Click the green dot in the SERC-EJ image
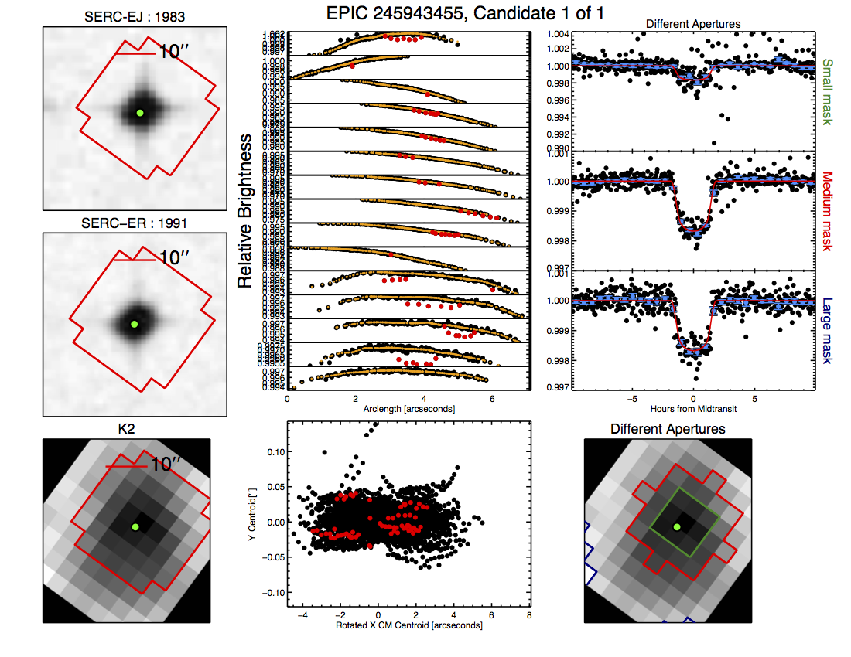(140, 113)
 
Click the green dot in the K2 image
(135, 527)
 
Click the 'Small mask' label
(828, 92)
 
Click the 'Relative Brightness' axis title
(245, 210)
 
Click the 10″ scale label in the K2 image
(166, 465)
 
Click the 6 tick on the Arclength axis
(493, 399)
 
